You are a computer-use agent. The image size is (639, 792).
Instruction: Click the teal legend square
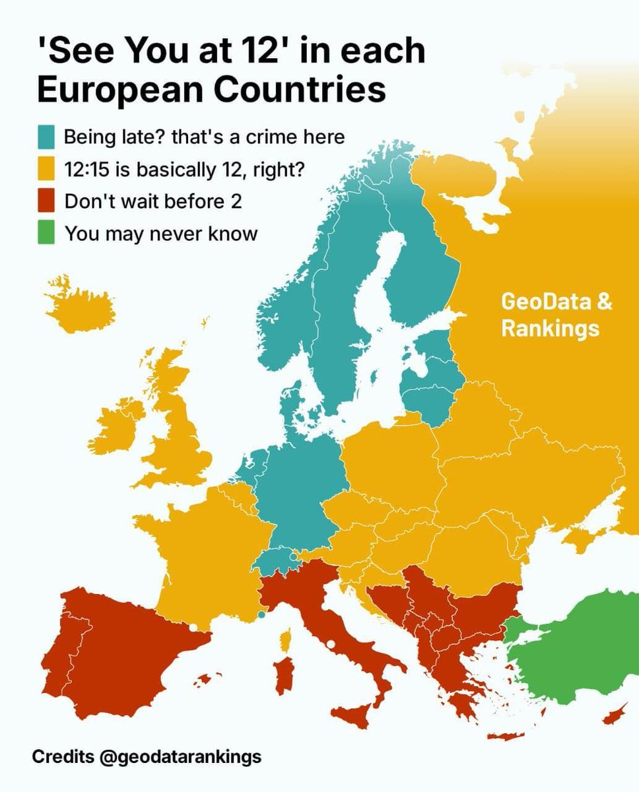46,137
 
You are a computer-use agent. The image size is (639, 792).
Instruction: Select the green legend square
46,234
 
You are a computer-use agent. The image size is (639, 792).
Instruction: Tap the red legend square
46,201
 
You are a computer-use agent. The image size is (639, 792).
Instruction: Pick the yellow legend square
46,170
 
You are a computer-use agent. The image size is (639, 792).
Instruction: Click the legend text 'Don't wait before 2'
152,201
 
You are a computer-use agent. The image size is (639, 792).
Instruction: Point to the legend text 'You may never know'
160,234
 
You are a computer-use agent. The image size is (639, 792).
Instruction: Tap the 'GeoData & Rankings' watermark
556,315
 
